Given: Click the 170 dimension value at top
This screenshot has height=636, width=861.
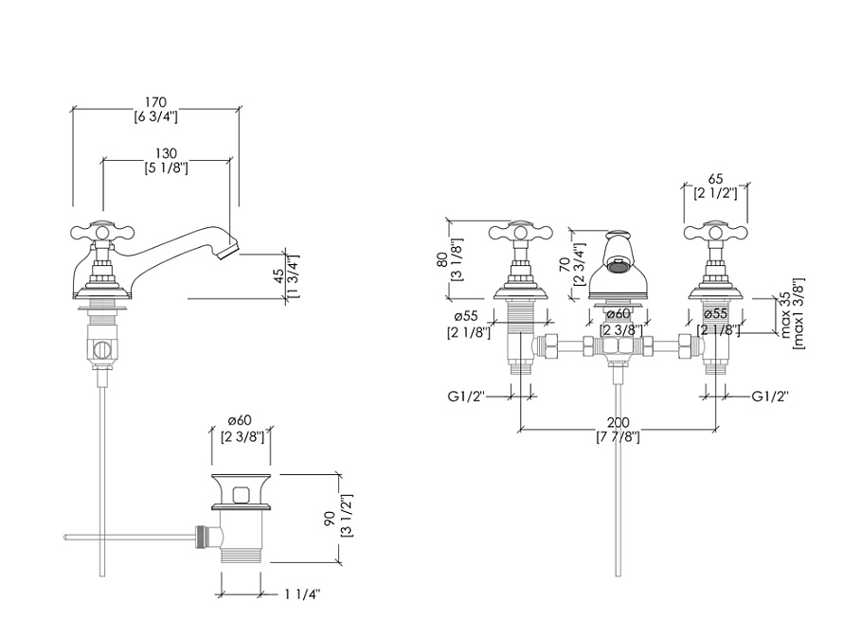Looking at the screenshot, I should [155, 101].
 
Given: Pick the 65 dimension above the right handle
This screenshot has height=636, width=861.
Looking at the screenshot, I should [715, 179].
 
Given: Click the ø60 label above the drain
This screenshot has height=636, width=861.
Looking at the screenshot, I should [241, 421].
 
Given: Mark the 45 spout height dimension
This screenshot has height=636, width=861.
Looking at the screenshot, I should [278, 274].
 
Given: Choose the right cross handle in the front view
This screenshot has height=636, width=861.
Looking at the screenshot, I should [716, 232].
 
